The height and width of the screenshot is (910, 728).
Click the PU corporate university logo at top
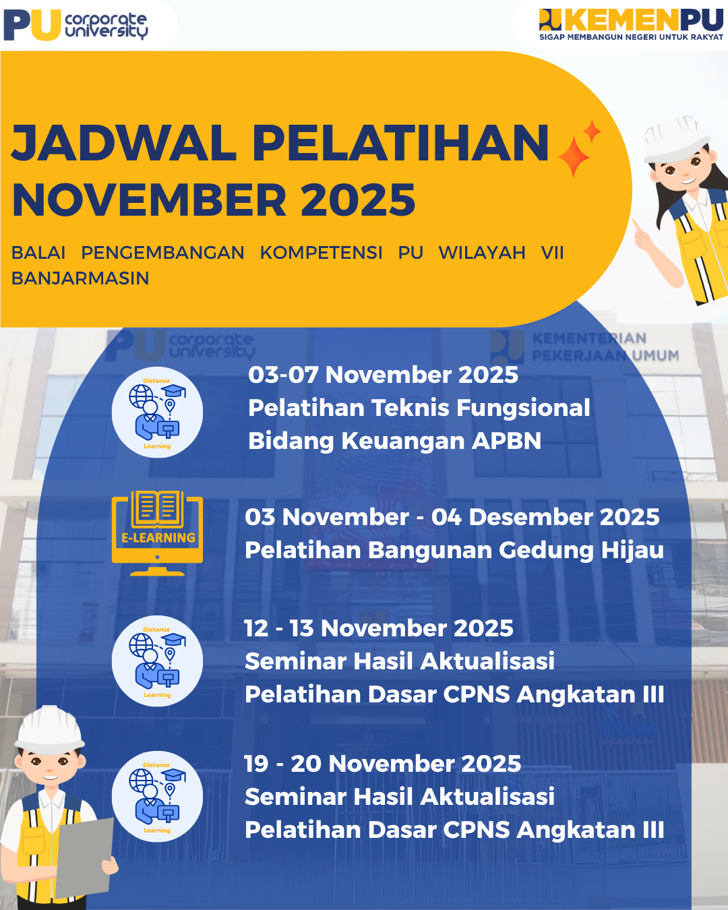point(76,25)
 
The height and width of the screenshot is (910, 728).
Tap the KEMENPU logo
point(631,20)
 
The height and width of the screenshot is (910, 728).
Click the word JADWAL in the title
point(125,143)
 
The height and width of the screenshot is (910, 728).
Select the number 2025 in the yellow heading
point(358,200)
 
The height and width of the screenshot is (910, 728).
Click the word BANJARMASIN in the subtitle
point(80,278)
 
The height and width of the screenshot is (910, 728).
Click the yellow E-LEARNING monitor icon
point(158,533)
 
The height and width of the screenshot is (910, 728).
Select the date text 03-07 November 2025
point(383,375)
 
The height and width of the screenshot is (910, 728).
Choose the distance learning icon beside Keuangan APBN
point(157,413)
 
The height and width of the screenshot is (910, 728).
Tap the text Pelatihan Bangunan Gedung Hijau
point(454,550)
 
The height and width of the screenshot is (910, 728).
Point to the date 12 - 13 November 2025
point(378,628)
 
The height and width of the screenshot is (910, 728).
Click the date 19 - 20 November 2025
point(382,764)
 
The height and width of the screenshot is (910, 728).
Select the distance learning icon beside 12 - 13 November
point(157,661)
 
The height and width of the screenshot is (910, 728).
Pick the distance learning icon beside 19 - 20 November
point(157,797)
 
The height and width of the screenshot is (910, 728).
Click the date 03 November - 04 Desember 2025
point(452,517)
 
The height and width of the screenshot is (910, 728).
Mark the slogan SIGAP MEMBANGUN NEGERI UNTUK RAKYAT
point(631,37)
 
